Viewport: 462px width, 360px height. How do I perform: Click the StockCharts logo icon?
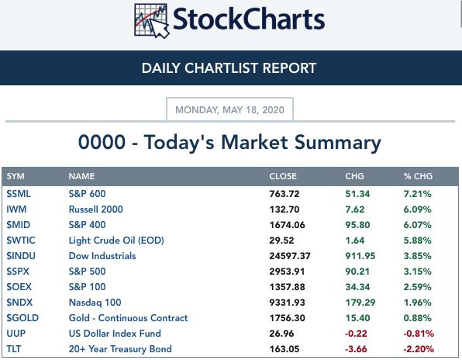[152, 21]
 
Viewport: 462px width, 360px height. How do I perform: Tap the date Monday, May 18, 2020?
[229, 110]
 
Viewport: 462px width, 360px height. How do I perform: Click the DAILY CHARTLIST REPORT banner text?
[229, 68]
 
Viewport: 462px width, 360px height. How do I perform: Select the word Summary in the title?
[338, 143]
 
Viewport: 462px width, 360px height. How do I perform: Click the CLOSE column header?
[283, 176]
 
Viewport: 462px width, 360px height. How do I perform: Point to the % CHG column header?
[418, 176]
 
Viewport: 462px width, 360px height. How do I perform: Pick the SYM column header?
[16, 176]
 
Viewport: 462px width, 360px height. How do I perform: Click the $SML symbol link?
[19, 194]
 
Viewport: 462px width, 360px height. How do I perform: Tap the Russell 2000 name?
[96, 209]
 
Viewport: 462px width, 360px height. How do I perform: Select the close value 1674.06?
[288, 225]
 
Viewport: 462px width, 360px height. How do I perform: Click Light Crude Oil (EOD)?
[116, 241]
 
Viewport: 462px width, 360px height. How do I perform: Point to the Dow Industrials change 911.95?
[360, 256]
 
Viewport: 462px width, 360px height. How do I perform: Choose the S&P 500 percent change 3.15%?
[418, 272]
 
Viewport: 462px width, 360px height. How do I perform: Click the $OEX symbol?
[19, 287]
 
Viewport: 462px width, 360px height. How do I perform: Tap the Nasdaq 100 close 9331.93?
[288, 303]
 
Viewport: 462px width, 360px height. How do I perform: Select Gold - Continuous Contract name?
[128, 318]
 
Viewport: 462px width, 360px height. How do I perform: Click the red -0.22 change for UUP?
[357, 334]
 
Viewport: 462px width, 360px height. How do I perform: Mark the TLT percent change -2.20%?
[419, 349]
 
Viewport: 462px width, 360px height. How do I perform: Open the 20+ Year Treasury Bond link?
[120, 349]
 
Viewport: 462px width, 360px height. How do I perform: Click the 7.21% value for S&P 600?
[418, 194]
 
